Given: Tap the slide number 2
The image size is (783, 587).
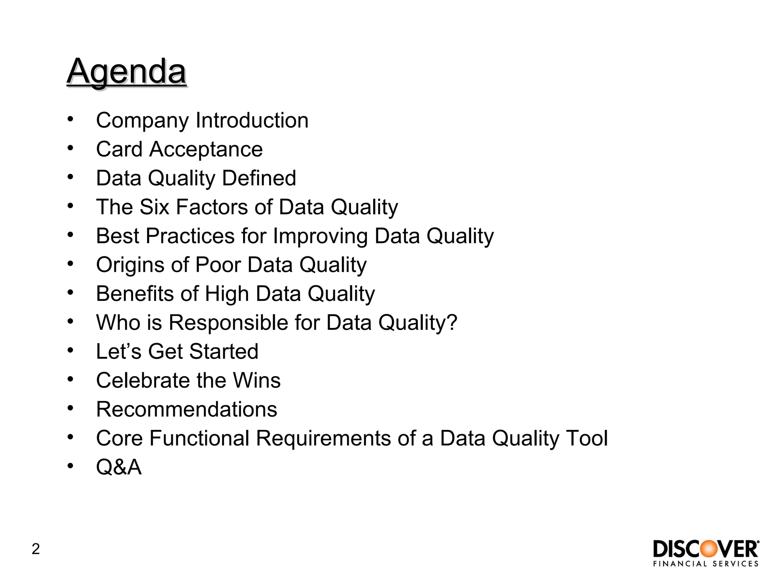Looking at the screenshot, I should point(36,549).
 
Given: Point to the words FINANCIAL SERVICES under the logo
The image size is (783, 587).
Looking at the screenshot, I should point(706,564).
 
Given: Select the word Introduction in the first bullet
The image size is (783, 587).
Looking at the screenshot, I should point(252,120).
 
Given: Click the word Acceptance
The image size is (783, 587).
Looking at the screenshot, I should point(206,149).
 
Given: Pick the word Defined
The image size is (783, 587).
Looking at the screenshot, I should point(259,178).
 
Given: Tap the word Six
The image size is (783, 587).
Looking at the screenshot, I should point(154,207).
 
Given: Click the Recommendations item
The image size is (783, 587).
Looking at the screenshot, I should point(187,409).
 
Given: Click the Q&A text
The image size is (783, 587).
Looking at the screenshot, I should point(119,467).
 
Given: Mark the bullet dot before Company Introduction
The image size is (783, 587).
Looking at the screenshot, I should point(70,119).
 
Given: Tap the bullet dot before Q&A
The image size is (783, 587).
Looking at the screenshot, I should point(70,466).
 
